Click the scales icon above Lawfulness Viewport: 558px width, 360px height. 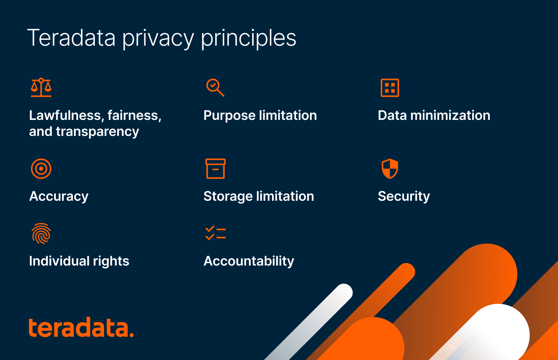[41, 87]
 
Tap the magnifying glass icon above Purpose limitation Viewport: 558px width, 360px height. [215, 87]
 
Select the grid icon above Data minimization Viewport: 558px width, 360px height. [390, 88]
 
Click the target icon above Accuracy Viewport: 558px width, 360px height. [41, 169]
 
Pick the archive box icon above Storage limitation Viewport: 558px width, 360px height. [216, 169]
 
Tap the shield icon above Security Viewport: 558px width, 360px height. [390, 169]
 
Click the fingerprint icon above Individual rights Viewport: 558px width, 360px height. [41, 233]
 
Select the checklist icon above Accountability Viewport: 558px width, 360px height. [216, 233]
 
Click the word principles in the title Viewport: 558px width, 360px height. [249, 38]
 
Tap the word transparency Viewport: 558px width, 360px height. [97, 132]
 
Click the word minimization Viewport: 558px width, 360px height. [450, 115]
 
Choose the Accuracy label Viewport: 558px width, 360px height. [59, 197]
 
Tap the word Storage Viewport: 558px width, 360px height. [228, 197]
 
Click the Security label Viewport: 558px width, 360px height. [404, 197]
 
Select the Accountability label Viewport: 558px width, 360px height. [249, 261]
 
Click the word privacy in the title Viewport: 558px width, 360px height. [158, 38]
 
